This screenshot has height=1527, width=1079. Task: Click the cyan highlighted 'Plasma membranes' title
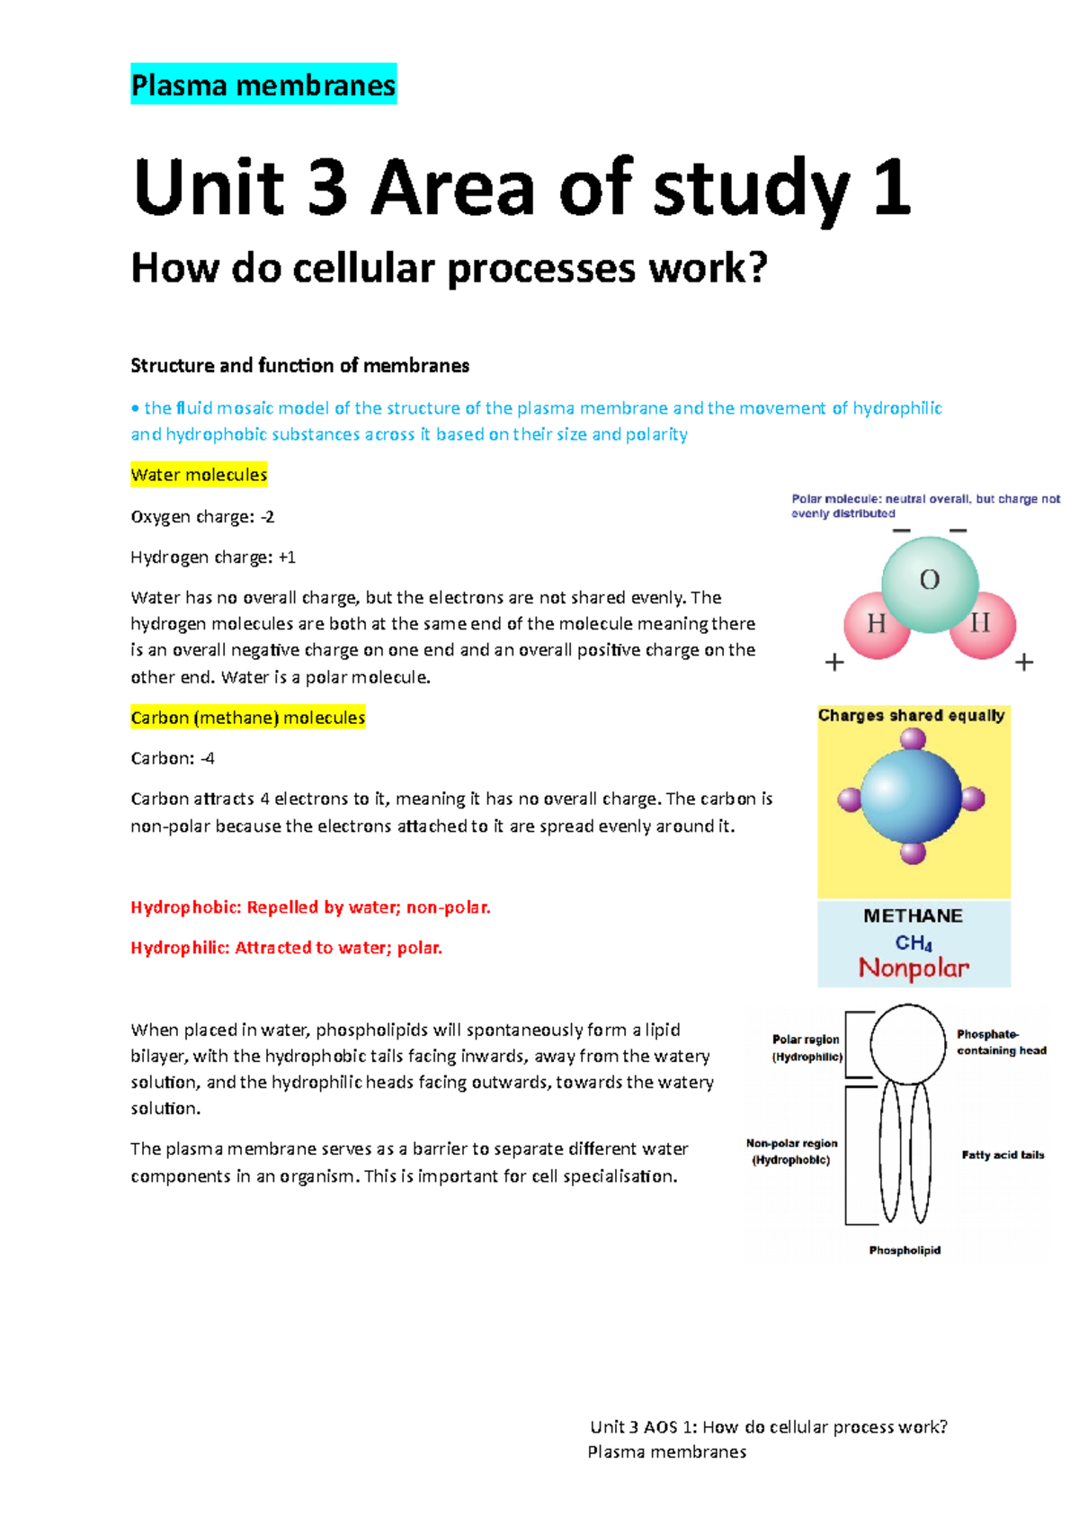pos(263,85)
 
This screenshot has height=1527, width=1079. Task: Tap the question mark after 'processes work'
pos(757,268)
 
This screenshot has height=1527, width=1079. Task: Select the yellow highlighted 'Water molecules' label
pos(199,475)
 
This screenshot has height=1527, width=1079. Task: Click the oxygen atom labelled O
pos(930,582)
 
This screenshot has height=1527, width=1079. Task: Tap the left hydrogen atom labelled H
pos(876,623)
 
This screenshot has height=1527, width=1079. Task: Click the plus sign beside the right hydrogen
pos(1024,663)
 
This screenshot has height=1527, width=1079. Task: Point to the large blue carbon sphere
pos(911,797)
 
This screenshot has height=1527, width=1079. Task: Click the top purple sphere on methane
pos(913,739)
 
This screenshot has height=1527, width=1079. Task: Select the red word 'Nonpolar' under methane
pos(914,969)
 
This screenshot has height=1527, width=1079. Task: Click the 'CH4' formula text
pos(914,942)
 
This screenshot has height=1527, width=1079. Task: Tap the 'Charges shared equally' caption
pos(911,716)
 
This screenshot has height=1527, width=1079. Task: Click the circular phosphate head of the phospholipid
pos(907,1043)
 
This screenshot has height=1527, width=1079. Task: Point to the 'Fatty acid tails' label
pos(1003,1155)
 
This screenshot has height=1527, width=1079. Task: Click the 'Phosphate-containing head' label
pos(1001,1042)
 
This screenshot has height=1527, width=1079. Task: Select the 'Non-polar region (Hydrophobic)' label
pos(791,1151)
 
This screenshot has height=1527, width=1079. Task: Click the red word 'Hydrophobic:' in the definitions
pos(186,907)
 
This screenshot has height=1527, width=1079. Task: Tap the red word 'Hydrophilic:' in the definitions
pos(180,948)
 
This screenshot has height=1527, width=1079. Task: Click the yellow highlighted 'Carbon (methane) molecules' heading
pos(247,718)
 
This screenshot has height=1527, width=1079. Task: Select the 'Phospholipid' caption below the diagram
pos(905,1250)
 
